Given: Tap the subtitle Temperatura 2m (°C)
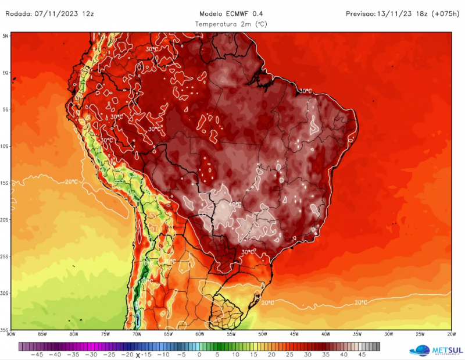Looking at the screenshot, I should pos(231,24).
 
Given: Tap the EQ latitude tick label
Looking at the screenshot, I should pos(6,73).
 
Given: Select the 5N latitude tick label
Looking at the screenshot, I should pos(6,36).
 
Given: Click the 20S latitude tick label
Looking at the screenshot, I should pos(5,219).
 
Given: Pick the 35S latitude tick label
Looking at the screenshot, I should pos(5,329).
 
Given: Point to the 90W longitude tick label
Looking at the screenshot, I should pos(10,334).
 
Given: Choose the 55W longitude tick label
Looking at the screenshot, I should pos(231,334).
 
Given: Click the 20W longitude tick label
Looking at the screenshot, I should pos(451,334).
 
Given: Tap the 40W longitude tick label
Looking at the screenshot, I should pos(325,334).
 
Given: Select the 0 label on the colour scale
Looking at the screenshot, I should pos(199,354).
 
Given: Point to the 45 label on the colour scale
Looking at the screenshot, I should pos(362,354).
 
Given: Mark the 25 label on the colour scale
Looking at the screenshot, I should pos(289,354).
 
